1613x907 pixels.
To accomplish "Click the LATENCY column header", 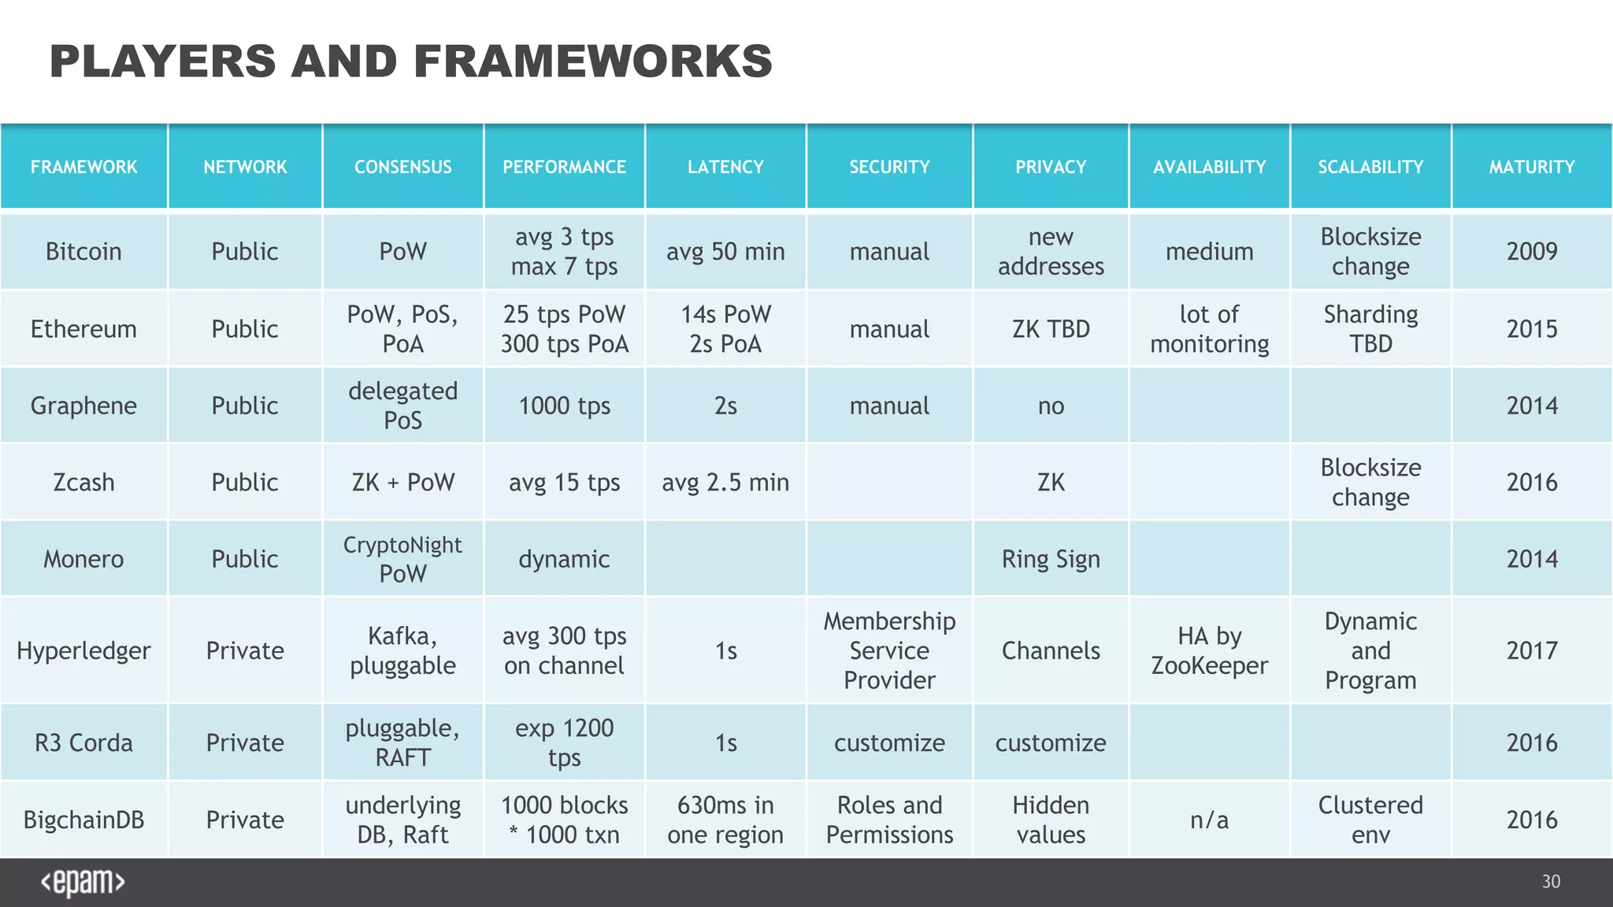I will [725, 167].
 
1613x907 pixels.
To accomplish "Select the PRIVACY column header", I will [1051, 167].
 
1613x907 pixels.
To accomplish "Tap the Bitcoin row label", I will [83, 252].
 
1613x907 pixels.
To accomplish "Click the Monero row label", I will [83, 559].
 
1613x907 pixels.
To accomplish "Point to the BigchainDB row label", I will [83, 820].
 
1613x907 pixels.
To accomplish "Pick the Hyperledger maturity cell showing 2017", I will [1532, 651].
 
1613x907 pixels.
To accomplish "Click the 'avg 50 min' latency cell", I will [725, 252].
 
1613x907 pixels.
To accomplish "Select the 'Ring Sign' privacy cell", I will [1051, 559].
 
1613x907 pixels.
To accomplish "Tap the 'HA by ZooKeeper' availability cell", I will [1209, 651].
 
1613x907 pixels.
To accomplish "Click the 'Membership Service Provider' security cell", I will [889, 651].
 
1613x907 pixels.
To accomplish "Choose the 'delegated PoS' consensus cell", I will [402, 405].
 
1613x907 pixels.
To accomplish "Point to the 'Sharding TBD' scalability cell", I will [1370, 329].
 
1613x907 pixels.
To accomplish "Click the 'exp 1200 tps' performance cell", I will [564, 742].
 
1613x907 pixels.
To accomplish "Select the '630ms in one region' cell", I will [725, 820].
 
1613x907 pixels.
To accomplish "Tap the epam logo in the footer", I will [83, 883].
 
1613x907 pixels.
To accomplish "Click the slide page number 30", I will [1551, 882].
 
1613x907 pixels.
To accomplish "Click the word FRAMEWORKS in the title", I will [593, 61].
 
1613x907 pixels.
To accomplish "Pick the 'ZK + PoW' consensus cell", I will [402, 482].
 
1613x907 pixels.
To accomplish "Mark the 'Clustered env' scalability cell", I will [1370, 820].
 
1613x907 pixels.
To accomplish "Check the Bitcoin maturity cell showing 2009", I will [1532, 252].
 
